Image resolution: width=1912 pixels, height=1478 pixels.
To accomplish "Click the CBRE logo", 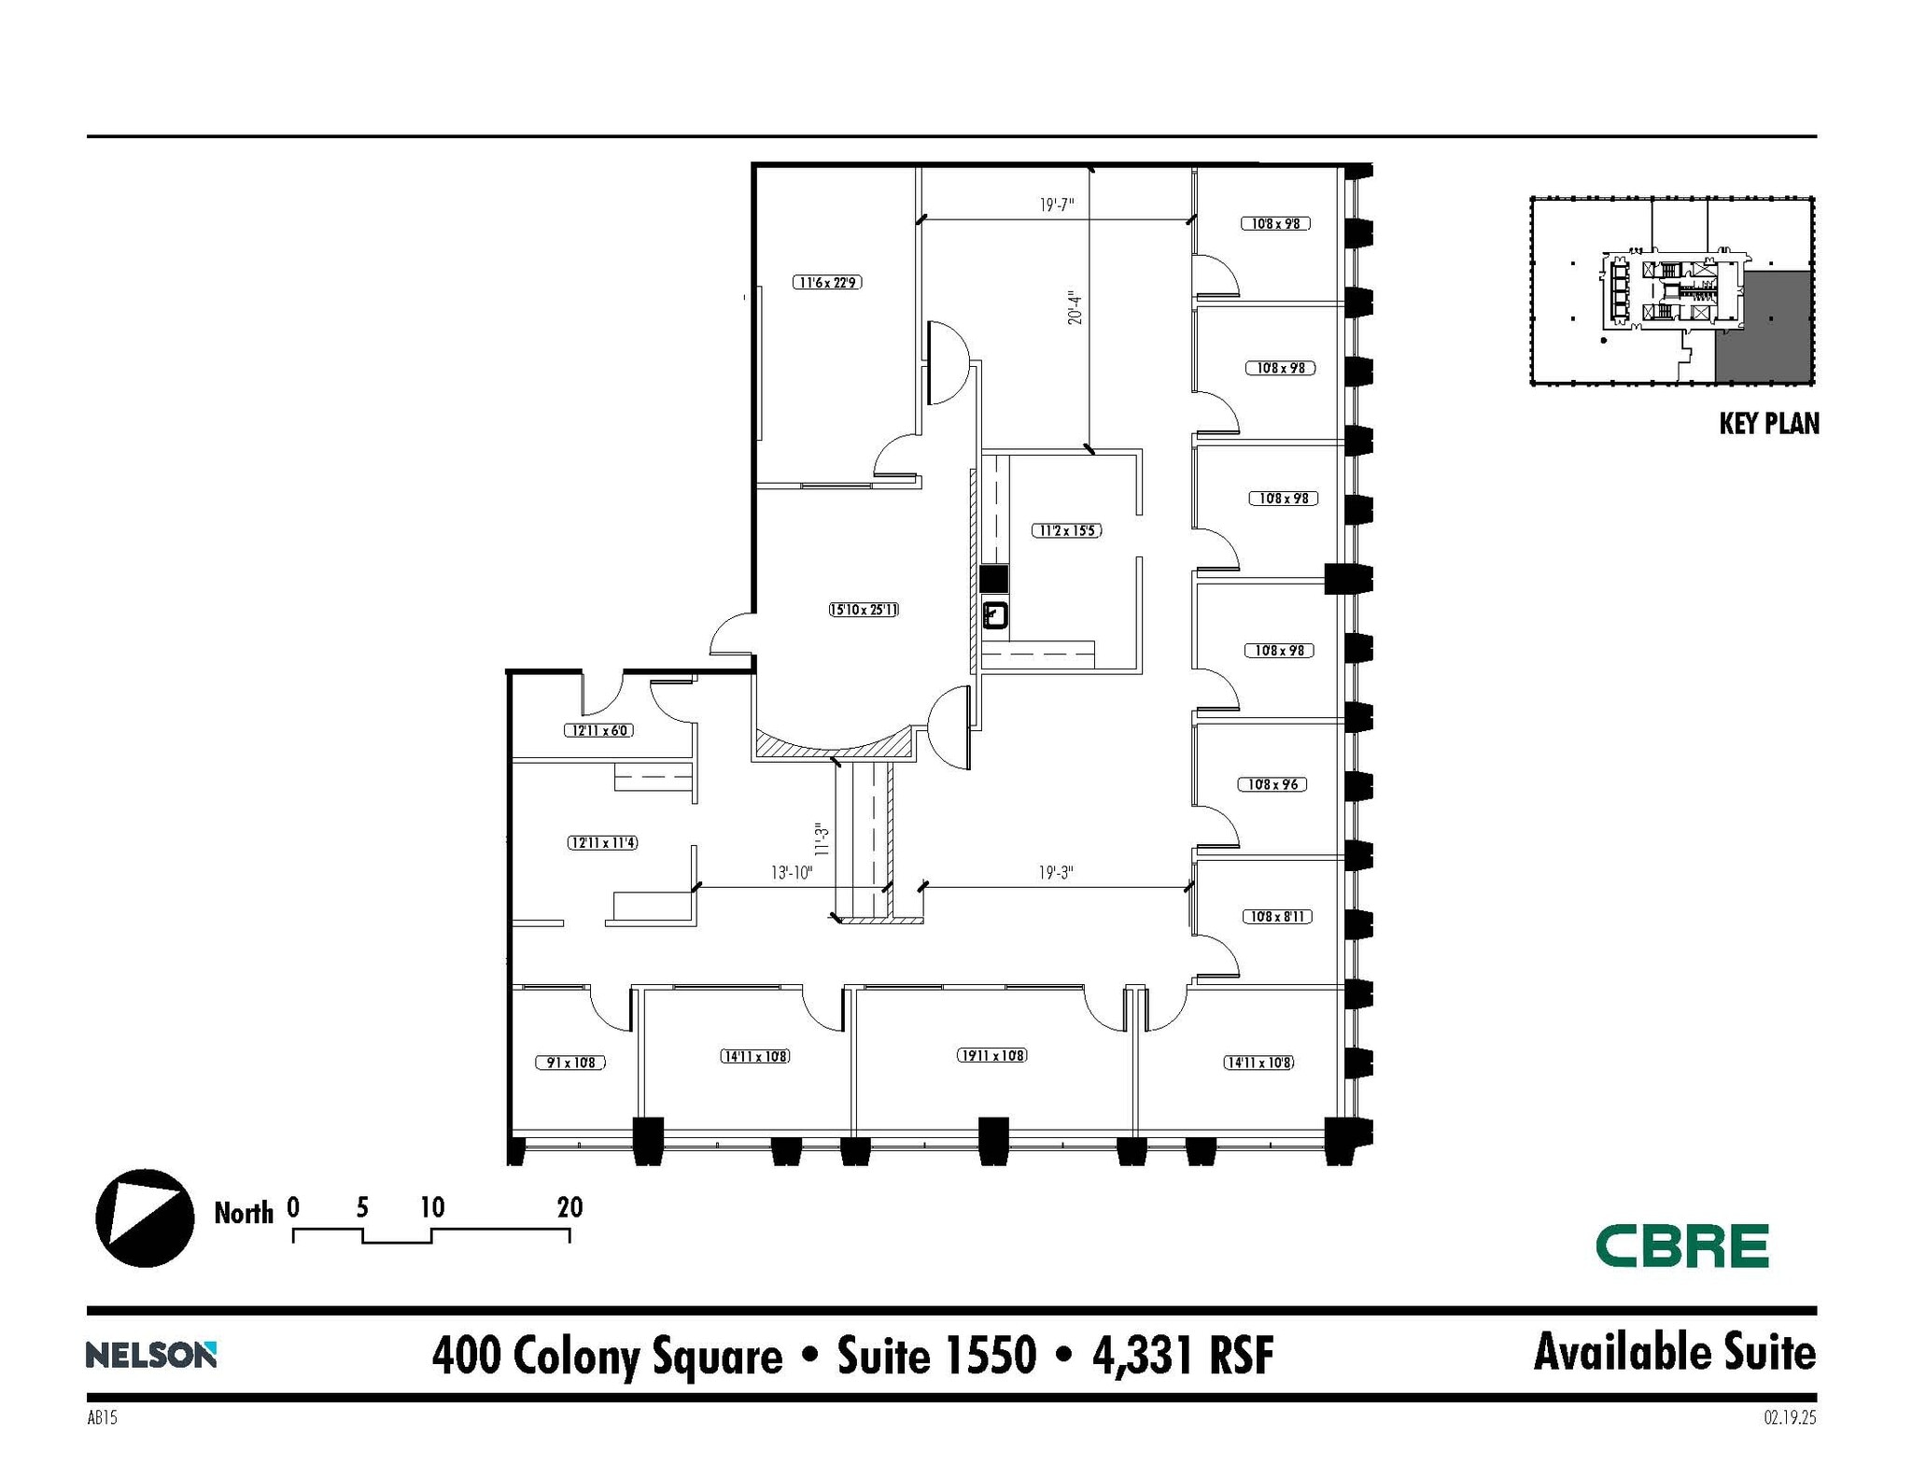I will point(1681,1246).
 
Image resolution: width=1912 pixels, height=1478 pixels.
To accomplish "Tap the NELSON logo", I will point(151,1355).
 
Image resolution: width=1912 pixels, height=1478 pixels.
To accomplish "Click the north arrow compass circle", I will point(145,1218).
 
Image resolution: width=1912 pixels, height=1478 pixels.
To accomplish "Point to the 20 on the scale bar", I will point(569,1208).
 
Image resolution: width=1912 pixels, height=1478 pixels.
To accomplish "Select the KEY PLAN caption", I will point(1768,424).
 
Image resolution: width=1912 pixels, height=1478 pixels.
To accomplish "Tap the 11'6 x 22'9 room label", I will point(827,282).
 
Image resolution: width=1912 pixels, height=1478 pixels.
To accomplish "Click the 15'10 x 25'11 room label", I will point(864,610).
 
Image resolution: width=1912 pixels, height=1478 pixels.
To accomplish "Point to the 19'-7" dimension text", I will point(1057,204).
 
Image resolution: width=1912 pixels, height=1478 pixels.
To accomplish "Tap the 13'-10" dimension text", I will point(792,873).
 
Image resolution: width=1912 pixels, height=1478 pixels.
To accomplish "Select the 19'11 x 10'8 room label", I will point(991,1055).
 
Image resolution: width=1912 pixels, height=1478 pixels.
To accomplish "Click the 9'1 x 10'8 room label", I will point(570,1063).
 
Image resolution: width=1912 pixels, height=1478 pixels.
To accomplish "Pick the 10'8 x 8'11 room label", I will point(1277,917).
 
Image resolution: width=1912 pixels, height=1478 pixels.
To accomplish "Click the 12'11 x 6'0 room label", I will point(598,730).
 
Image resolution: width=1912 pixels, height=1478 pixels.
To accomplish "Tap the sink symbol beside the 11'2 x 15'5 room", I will point(995,615).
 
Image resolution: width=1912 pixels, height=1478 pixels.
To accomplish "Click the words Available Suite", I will point(1674,1353).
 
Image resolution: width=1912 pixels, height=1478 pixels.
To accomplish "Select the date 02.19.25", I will point(1790,1418).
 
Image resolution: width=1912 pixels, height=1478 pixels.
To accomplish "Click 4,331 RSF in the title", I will point(1182,1357).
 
